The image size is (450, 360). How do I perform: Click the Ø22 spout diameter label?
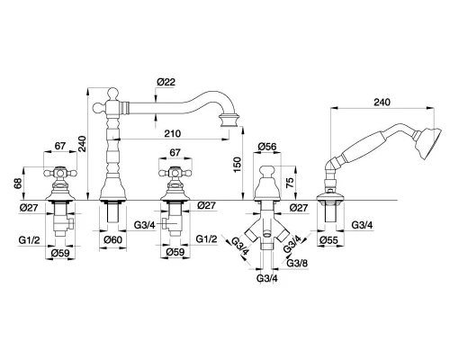[166, 82]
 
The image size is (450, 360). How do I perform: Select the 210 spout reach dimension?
[173, 133]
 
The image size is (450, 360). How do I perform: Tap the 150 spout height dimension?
[237, 165]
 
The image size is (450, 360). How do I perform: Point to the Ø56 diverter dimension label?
[267, 146]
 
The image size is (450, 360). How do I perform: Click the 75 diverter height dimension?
[290, 182]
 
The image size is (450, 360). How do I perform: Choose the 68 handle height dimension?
[18, 184]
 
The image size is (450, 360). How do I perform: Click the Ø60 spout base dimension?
[113, 239]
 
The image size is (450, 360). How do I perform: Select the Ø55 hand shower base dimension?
[328, 240]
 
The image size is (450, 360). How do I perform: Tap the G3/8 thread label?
[297, 263]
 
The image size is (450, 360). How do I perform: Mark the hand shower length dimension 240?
[382, 102]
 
